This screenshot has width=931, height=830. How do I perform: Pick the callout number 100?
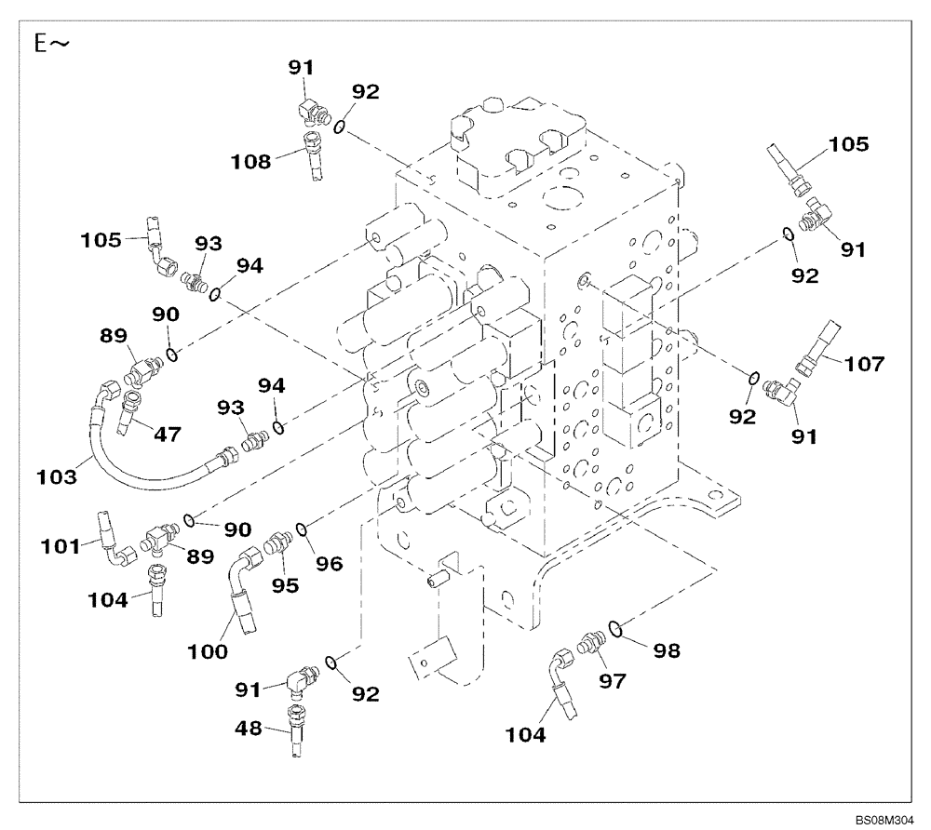coord(207,652)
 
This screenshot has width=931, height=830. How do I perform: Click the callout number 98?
coord(666,651)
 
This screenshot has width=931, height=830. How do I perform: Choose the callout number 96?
coord(329,562)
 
